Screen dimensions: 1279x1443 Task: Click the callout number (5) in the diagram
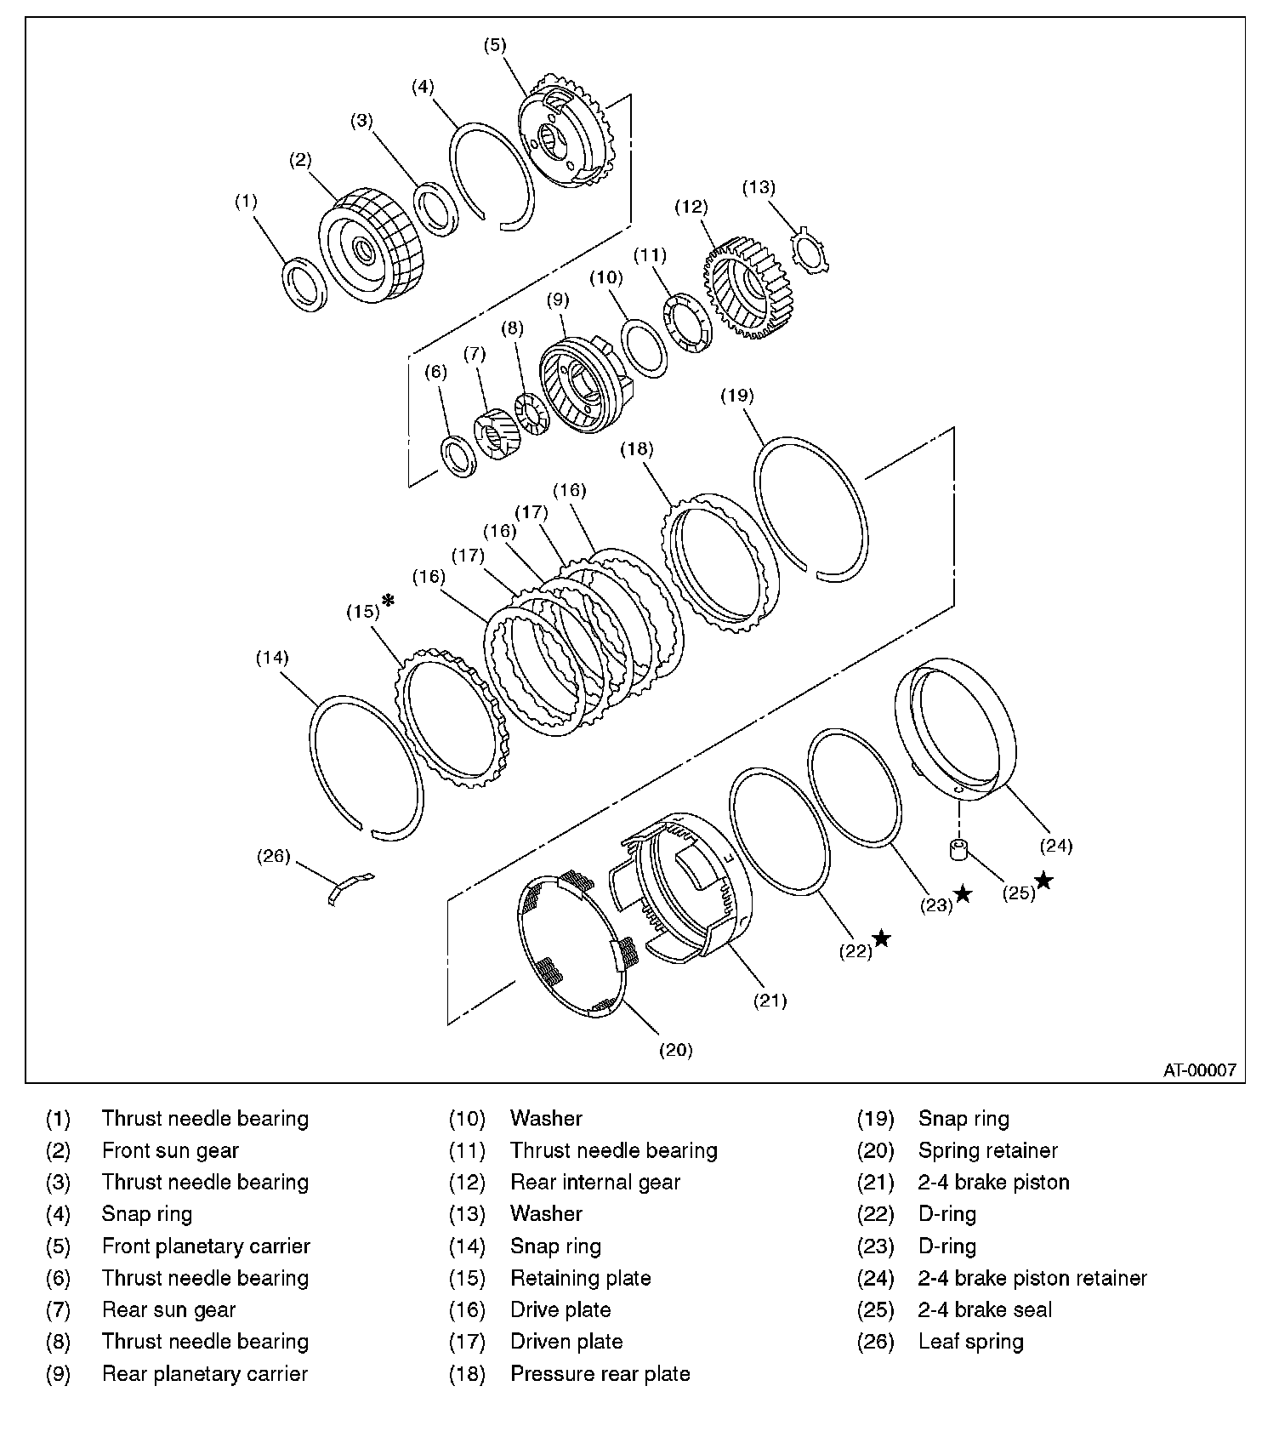point(495,45)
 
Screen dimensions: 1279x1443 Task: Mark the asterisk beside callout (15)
point(389,601)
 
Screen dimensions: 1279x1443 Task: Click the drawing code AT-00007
point(1199,1070)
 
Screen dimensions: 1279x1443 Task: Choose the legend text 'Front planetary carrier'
point(206,1246)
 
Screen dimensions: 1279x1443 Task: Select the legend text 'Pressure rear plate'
point(600,1373)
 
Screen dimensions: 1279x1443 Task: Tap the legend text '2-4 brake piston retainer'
point(1032,1278)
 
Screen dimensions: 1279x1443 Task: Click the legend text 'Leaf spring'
point(970,1342)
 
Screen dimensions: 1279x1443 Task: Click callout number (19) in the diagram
point(737,395)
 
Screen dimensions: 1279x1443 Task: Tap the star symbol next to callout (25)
point(1043,881)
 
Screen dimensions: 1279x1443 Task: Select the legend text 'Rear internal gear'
point(595,1182)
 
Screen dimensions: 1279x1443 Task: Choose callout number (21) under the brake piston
point(770,1001)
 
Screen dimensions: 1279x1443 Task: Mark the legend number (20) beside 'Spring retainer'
point(876,1150)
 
